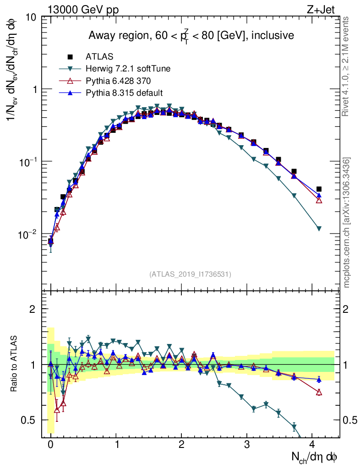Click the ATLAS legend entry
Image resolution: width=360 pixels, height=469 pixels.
coord(99,57)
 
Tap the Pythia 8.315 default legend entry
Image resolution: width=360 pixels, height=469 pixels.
coord(124,93)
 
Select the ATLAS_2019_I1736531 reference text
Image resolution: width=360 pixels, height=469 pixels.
coord(191,274)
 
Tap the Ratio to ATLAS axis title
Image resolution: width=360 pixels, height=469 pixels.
coord(14,364)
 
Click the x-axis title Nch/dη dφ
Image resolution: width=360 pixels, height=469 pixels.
coord(316,457)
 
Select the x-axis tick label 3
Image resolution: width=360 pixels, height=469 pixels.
coord(247,444)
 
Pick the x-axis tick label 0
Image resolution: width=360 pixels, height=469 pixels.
coord(50,444)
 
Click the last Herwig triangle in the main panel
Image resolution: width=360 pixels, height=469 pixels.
coord(319,229)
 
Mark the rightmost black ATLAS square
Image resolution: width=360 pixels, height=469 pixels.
coord(319,189)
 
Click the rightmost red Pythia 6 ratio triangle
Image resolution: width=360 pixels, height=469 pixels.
coord(319,392)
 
